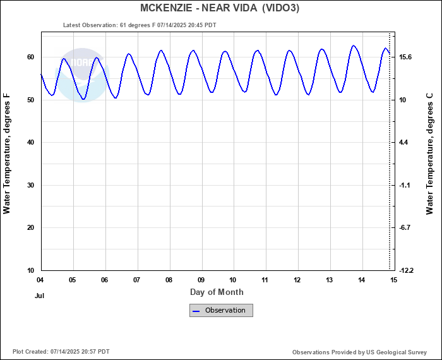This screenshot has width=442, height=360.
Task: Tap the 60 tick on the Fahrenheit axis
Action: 30,57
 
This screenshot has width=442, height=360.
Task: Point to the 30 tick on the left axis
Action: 30,186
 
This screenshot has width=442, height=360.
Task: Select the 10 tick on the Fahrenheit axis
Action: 30,270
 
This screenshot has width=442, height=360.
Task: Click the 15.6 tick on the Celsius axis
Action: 405,57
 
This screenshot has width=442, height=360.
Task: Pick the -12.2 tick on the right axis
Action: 405,270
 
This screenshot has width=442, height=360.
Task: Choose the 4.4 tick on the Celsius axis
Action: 403,143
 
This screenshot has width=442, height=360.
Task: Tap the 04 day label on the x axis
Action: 40,280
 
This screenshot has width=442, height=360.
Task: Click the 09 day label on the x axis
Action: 201,280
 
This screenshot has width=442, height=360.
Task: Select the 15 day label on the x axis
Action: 394,280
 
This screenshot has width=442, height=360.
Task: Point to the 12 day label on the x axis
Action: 297,280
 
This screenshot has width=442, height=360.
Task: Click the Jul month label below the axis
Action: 40,295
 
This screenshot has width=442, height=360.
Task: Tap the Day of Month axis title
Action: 217,292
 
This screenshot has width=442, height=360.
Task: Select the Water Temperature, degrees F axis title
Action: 7,153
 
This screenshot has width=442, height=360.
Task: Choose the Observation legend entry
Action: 221,310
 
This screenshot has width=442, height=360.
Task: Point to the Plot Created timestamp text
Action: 61,352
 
